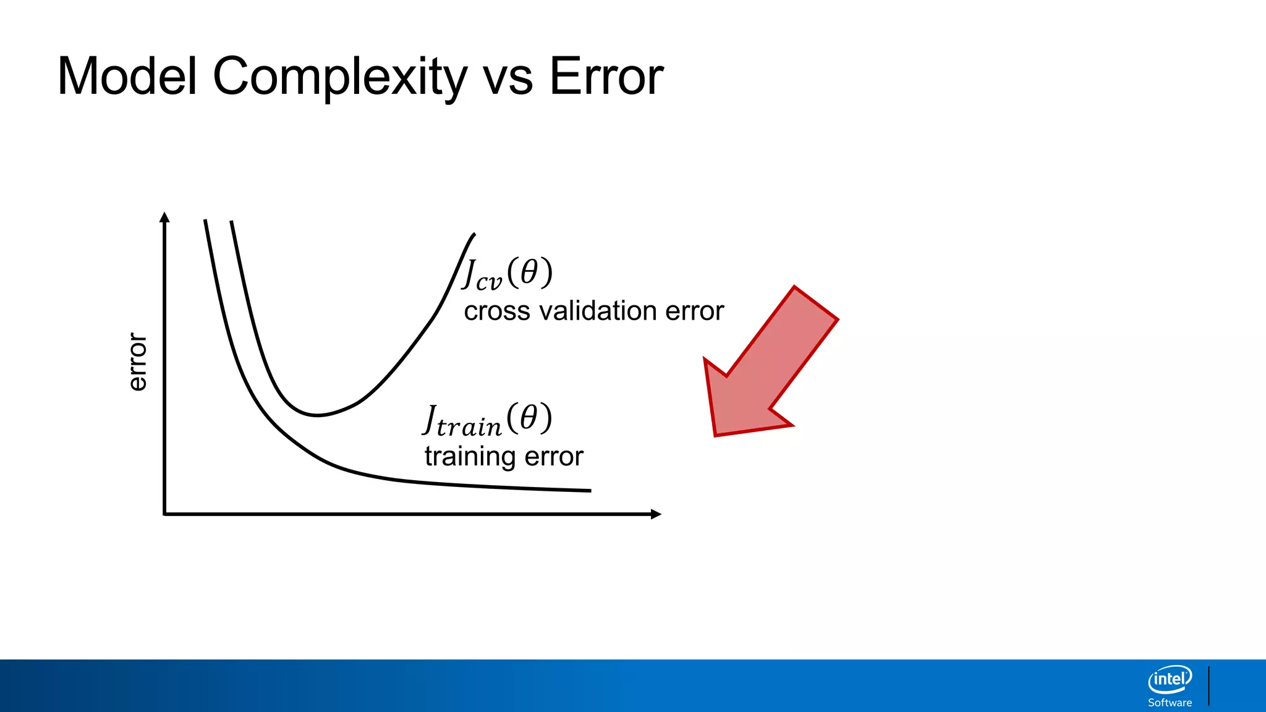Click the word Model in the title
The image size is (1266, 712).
click(127, 77)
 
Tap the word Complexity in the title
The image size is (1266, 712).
click(340, 77)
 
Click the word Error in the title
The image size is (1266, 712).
click(606, 77)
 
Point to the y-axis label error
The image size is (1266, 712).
click(137, 362)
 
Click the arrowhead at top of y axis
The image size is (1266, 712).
click(164, 217)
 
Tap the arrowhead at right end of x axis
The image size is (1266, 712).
click(656, 514)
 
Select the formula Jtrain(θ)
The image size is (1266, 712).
click(487, 420)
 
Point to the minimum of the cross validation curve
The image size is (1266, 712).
click(316, 415)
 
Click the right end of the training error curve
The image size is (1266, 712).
click(590, 491)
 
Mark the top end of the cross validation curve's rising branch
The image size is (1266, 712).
click(474, 234)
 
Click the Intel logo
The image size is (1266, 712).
click(1170, 680)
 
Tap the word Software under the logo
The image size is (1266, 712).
click(1170, 703)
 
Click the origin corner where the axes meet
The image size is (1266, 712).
click(164, 514)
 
